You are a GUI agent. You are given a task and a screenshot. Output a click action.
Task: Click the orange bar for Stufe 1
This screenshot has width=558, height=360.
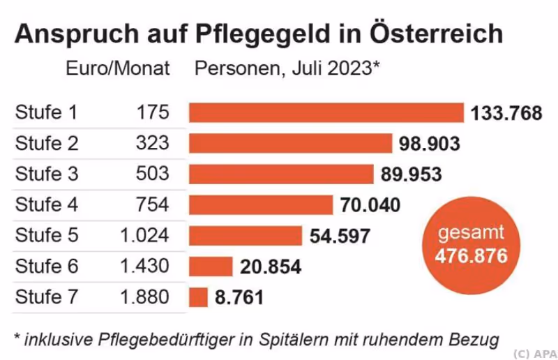(x=326, y=112)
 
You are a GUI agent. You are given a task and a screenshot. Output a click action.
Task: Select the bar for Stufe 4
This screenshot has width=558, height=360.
(x=261, y=204)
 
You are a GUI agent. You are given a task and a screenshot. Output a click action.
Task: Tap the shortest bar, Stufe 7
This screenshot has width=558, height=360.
(x=198, y=297)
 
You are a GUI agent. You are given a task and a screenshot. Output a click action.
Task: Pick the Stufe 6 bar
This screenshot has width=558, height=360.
(x=211, y=267)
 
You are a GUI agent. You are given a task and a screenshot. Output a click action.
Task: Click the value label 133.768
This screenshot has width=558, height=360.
(x=506, y=113)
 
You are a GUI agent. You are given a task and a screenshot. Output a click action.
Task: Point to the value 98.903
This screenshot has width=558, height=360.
(x=430, y=144)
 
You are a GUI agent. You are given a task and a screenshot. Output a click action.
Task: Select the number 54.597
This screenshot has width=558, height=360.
(x=339, y=236)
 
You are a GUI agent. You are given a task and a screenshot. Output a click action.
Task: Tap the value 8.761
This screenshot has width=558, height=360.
(x=239, y=298)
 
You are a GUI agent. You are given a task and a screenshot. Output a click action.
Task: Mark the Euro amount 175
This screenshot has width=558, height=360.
(x=153, y=113)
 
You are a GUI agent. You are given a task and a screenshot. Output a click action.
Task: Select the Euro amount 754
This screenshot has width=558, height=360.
(x=153, y=204)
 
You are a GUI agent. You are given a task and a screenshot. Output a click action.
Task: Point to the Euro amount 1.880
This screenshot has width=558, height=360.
(x=144, y=297)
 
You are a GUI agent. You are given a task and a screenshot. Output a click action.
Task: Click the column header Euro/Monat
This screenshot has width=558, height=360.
(x=118, y=69)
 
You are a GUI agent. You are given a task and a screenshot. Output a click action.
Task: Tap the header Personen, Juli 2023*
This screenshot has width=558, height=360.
(x=287, y=69)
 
